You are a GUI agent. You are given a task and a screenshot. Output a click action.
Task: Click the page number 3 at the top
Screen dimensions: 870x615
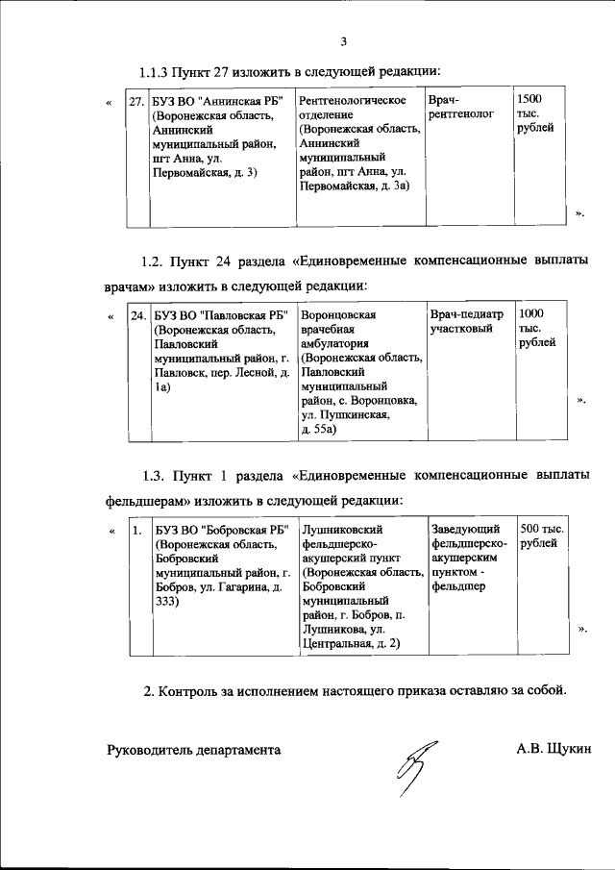point(343,40)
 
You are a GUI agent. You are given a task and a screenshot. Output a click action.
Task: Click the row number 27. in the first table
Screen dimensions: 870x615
point(137,100)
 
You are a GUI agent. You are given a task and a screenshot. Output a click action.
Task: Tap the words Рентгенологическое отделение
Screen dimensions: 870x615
point(352,107)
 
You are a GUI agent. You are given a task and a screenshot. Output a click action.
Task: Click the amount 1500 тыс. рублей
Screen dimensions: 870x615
point(534,114)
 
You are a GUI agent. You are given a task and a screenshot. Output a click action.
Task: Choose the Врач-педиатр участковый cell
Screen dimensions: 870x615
point(466,321)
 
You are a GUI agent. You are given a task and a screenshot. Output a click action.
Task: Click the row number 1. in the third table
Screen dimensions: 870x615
point(137,530)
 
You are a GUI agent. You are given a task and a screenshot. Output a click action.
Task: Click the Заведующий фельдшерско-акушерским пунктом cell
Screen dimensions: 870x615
point(465,557)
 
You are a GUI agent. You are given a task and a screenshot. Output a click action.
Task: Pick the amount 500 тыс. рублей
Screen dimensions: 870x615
point(541,535)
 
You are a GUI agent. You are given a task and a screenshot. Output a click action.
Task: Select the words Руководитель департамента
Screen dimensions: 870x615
point(193,749)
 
